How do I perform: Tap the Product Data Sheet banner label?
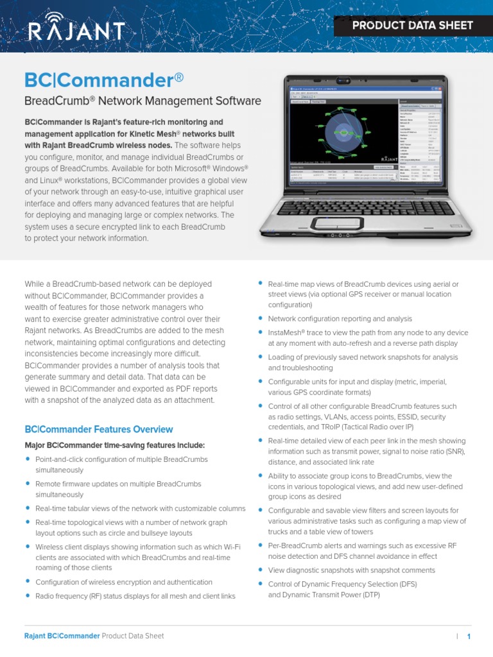pyautogui.click(x=413, y=26)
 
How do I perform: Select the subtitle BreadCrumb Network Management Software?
pyautogui.click(x=143, y=101)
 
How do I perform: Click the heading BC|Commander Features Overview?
pyautogui.click(x=98, y=429)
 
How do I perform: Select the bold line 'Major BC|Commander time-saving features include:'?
pyautogui.click(x=115, y=445)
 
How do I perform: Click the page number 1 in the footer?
pyautogui.click(x=469, y=636)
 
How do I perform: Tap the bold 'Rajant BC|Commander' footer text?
pyautogui.click(x=62, y=636)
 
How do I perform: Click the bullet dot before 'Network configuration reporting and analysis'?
pyautogui.click(x=260, y=318)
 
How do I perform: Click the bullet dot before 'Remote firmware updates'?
pyautogui.click(x=28, y=483)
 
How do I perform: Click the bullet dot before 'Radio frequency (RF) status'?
pyautogui.click(x=28, y=595)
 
